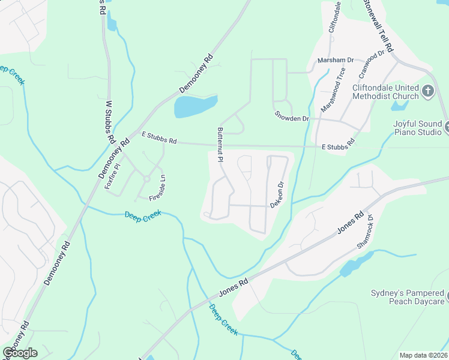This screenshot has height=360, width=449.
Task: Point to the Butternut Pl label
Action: click(220, 145)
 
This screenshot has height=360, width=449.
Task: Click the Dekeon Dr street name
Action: click(276, 195)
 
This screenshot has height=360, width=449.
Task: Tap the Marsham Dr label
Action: click(336, 61)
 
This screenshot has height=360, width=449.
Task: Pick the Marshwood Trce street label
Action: click(333, 94)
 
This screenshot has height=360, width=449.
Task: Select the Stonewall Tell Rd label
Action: click(378, 26)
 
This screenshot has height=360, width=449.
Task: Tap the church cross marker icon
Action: click(428, 91)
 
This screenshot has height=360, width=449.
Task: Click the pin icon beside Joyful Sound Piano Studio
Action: click(447, 127)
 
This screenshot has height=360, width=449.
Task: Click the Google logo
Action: click(20, 353)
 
